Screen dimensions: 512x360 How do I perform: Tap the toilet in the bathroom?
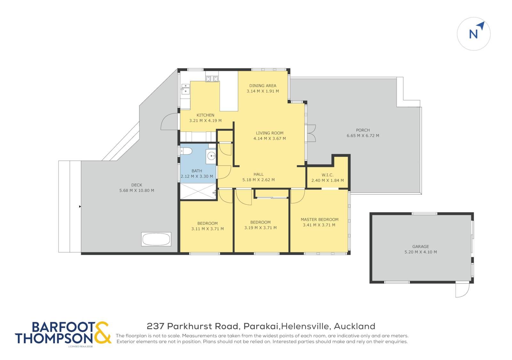pyautogui.click(x=186, y=151)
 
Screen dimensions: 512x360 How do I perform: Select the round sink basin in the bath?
pyautogui.click(x=211, y=156)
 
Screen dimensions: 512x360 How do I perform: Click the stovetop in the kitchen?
pyautogui.click(x=212, y=79)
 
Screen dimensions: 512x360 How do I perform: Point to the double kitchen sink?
pyautogui.click(x=185, y=89)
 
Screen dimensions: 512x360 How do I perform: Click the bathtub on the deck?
pyautogui.click(x=156, y=239)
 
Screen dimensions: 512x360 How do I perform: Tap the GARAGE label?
pyautogui.click(x=420, y=247)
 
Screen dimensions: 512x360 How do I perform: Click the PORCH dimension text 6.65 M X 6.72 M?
pyautogui.click(x=363, y=136)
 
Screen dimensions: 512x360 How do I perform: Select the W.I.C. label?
pyautogui.click(x=327, y=175)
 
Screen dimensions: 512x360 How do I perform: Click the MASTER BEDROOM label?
pyautogui.click(x=320, y=220)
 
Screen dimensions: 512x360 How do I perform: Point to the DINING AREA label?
pyautogui.click(x=263, y=86)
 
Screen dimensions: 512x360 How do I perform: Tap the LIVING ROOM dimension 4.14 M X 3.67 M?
pyautogui.click(x=269, y=138)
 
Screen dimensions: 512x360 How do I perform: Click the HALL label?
pyautogui.click(x=259, y=174)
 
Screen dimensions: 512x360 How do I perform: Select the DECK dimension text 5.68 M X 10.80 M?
pyautogui.click(x=137, y=191)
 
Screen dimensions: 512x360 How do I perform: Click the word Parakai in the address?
pyautogui.click(x=261, y=326)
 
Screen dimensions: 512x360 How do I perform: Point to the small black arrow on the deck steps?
pyautogui.click(x=80, y=207)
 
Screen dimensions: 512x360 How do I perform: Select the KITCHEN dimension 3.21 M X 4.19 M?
pyautogui.click(x=205, y=121)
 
